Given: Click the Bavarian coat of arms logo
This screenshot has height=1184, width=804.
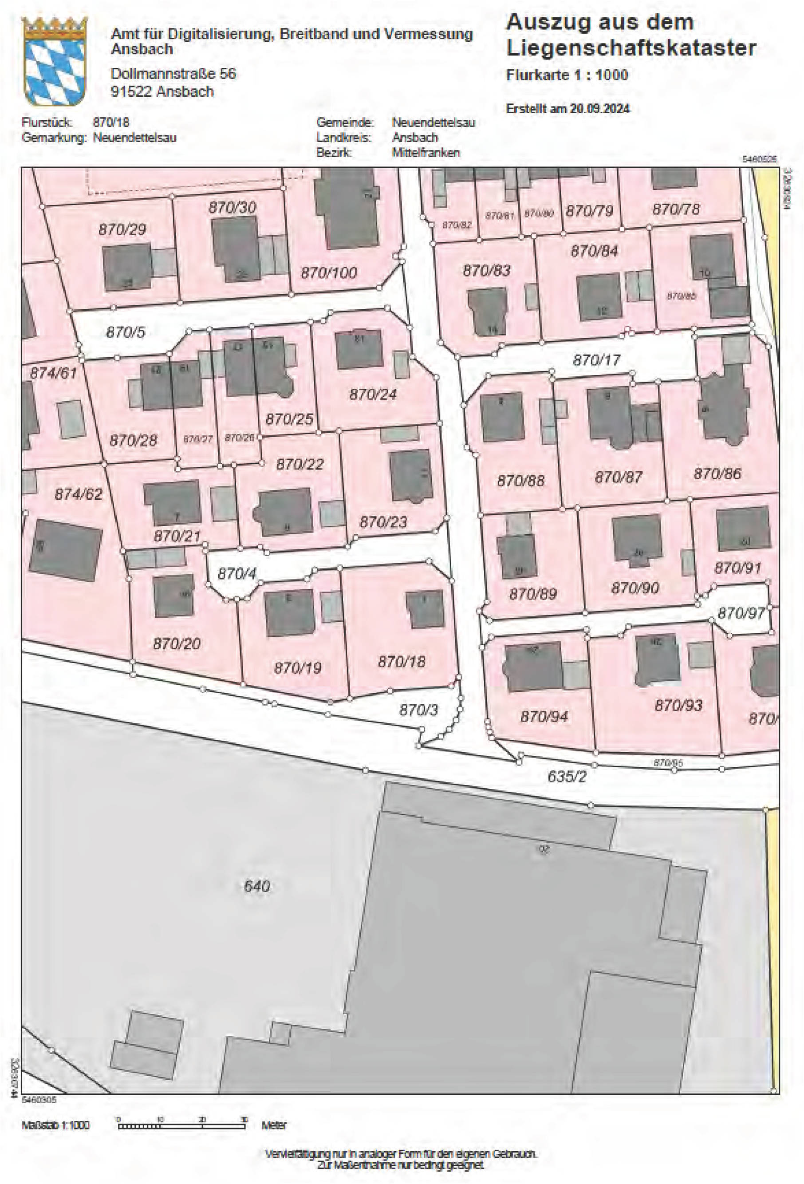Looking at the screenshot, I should click(x=55, y=61).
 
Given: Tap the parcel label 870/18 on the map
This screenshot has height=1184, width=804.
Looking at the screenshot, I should click(x=402, y=662).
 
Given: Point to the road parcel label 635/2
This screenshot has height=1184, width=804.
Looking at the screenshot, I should click(x=567, y=777).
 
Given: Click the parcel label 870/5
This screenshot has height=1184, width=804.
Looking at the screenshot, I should click(x=125, y=332).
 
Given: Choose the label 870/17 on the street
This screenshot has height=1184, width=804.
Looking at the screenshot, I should click(x=597, y=360).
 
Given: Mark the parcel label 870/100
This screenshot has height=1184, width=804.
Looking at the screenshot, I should click(x=329, y=272).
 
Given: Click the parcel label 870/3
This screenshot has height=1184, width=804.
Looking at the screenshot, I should click(x=418, y=710).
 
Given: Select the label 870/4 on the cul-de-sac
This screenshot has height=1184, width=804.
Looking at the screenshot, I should click(x=237, y=574).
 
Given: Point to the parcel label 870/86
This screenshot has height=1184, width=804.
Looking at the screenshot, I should click(x=717, y=474).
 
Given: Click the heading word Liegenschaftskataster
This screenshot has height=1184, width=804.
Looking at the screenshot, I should click(x=631, y=48).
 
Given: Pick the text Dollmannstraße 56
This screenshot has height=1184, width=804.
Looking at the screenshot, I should click(x=173, y=74).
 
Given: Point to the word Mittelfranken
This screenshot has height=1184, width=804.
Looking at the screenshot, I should click(x=426, y=152).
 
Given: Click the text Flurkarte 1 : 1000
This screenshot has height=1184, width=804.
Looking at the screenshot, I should click(x=567, y=75).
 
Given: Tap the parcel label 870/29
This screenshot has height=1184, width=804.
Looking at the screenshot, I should click(x=122, y=229).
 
